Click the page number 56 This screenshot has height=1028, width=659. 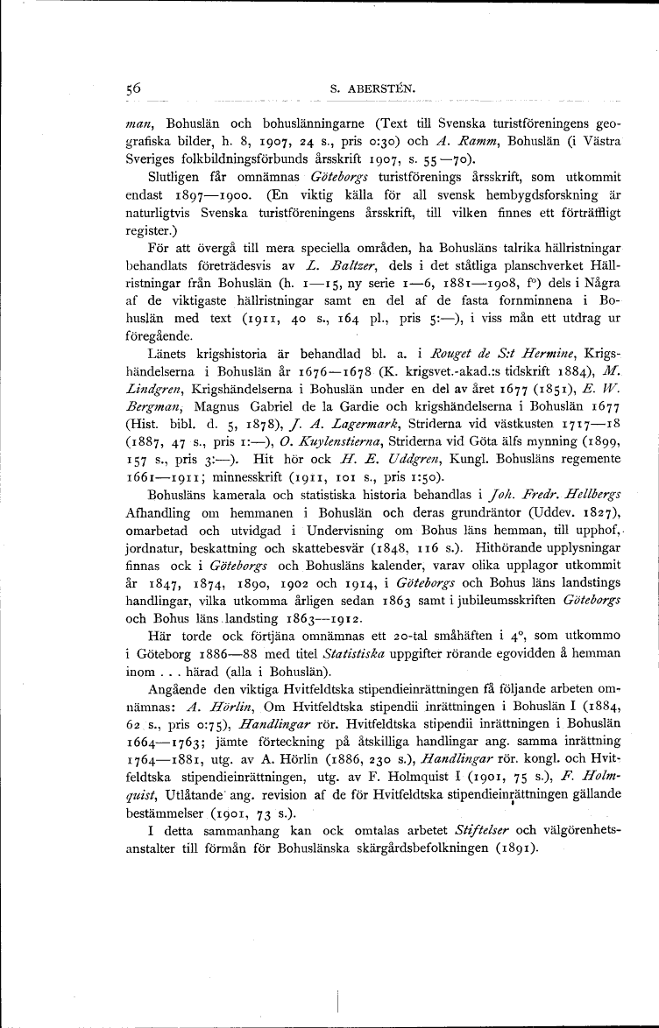[133, 88]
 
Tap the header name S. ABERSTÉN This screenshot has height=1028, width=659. [365, 88]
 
